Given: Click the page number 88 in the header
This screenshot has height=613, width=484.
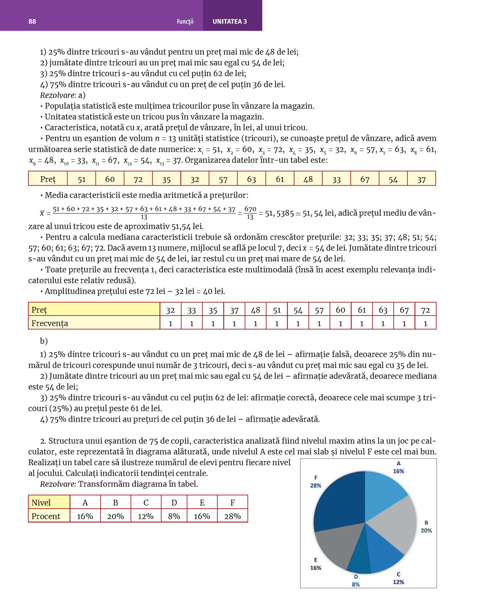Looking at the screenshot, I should click(x=32, y=21).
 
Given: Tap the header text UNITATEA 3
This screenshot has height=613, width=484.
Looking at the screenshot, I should click(x=230, y=21).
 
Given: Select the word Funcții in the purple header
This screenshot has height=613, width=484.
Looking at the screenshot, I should click(x=185, y=21).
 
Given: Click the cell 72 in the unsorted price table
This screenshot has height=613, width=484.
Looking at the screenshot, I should click(x=138, y=179).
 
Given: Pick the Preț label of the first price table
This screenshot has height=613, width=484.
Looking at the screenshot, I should click(x=48, y=179).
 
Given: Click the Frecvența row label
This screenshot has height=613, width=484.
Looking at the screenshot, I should click(x=50, y=323).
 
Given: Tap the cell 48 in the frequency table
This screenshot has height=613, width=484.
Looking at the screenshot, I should click(x=255, y=310).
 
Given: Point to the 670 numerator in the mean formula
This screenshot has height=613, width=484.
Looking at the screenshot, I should click(x=250, y=209).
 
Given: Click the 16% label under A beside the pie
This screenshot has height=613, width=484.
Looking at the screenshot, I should click(x=398, y=471).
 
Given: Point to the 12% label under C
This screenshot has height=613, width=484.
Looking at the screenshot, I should click(x=398, y=582).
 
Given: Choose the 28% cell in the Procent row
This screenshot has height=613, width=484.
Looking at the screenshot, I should click(x=233, y=516).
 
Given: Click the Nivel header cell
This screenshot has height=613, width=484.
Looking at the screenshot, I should click(x=41, y=502).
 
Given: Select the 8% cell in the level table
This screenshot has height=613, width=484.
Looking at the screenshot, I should click(x=174, y=516).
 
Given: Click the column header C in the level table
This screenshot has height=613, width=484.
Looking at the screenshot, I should click(x=146, y=502).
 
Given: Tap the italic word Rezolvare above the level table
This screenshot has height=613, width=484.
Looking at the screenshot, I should click(x=58, y=484).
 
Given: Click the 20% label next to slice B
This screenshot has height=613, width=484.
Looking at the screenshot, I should click(x=426, y=530).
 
